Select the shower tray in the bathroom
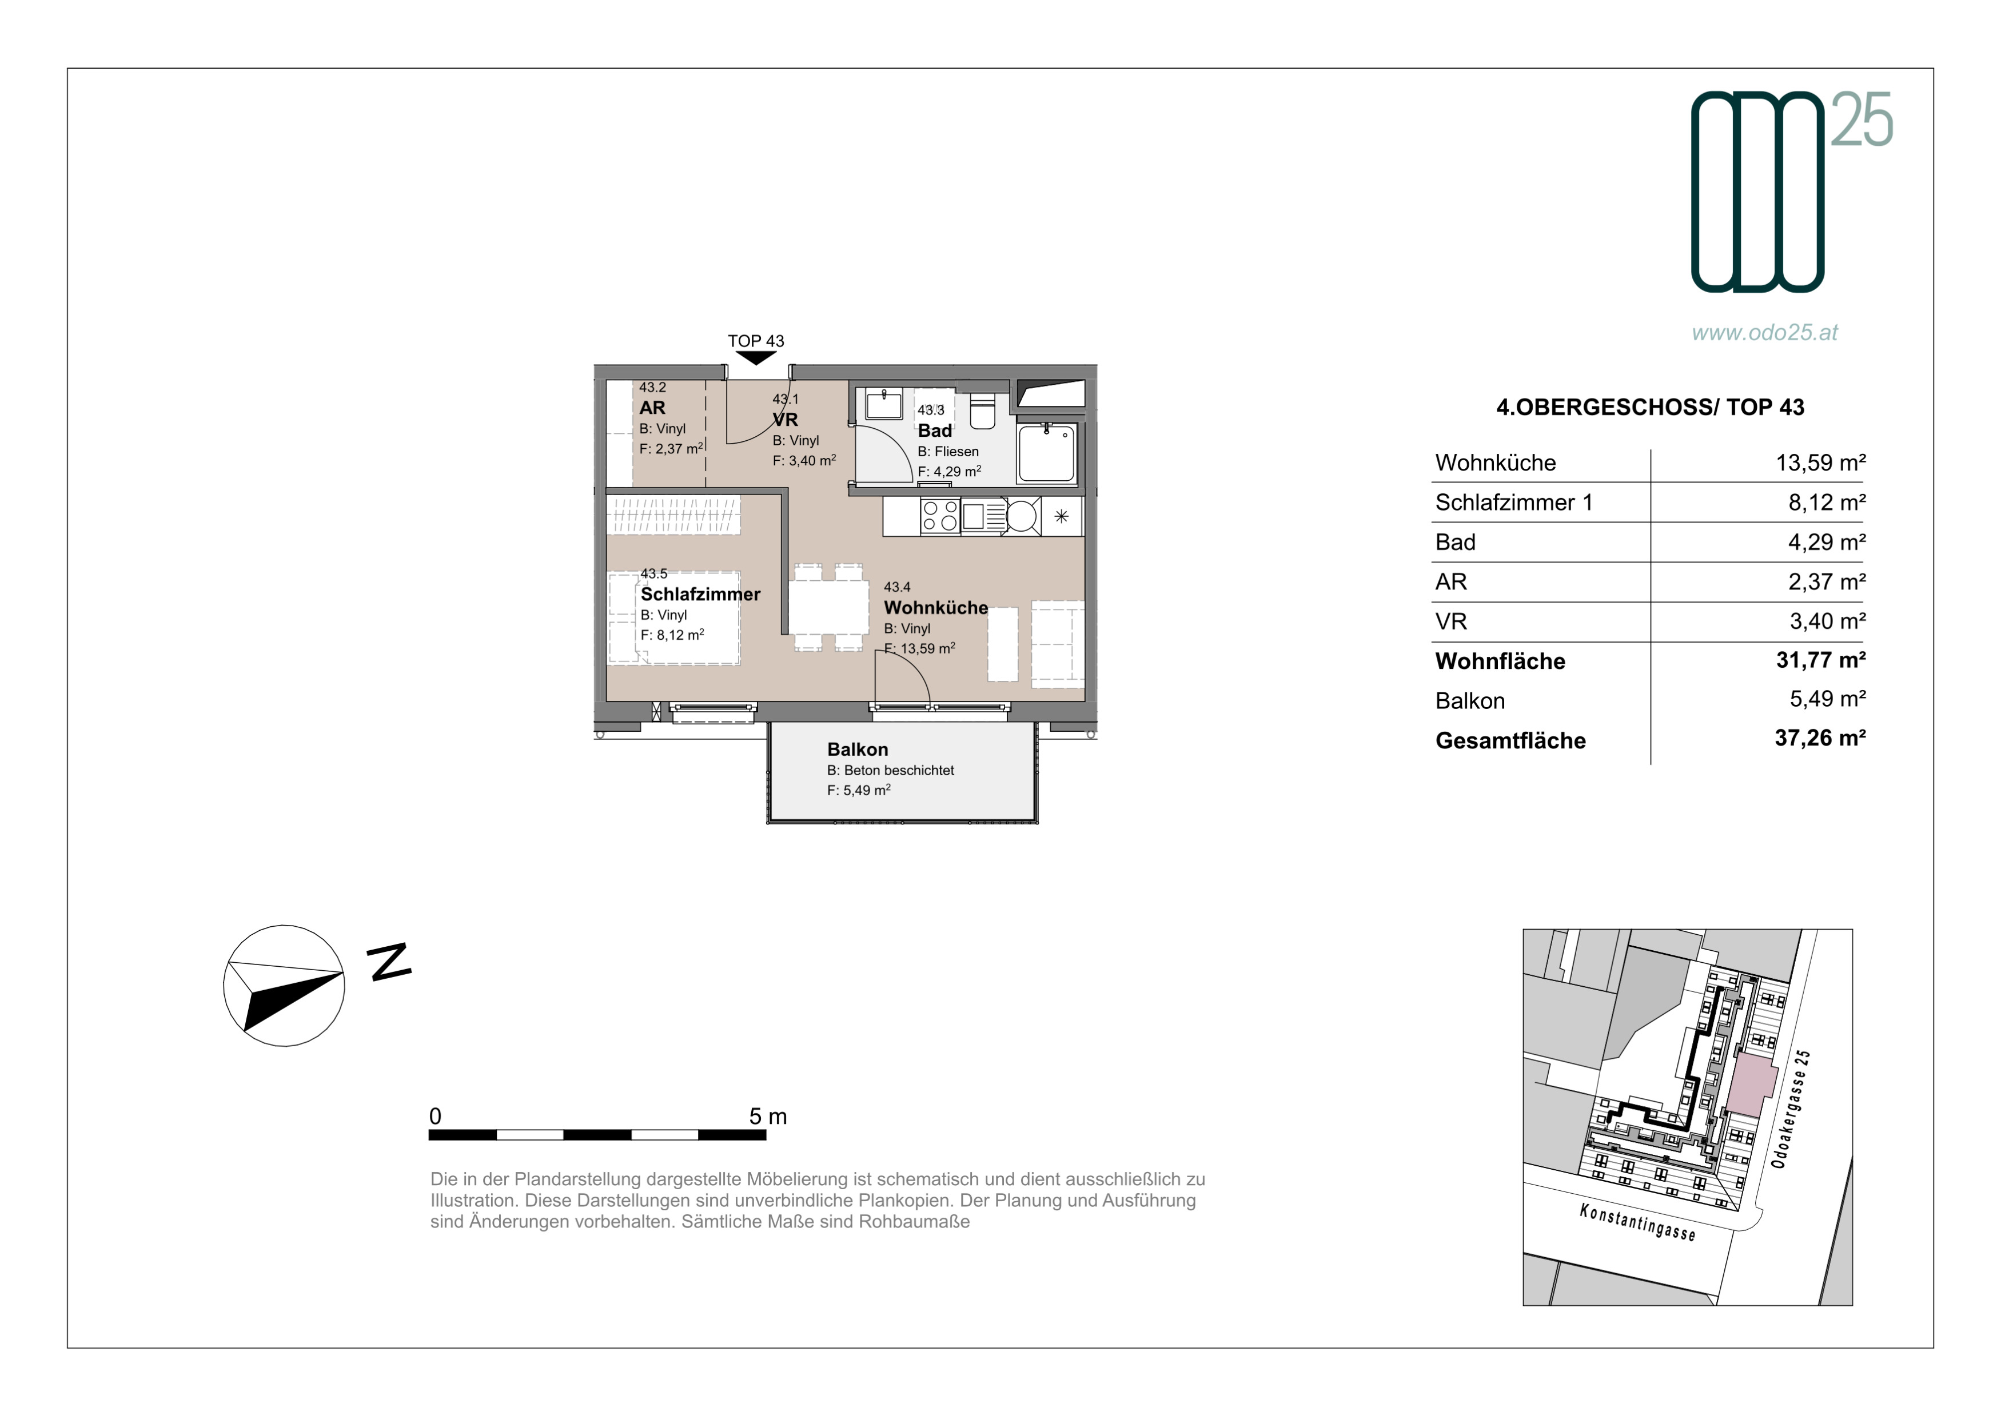pyautogui.click(x=1047, y=452)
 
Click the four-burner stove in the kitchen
pyautogui.click(x=940, y=515)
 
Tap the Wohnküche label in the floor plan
pyautogui.click(x=936, y=607)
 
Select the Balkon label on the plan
pyautogui.click(x=858, y=750)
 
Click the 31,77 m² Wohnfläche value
pyautogui.click(x=1820, y=660)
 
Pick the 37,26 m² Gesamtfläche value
pyautogui.click(x=1820, y=738)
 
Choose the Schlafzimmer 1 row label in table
pyautogui.click(x=1514, y=503)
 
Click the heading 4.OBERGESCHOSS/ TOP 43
pyautogui.click(x=1650, y=407)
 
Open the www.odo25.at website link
pyautogui.click(x=1765, y=332)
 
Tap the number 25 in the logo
pyautogui.click(x=1862, y=119)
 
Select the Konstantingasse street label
pyautogui.click(x=1637, y=1222)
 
